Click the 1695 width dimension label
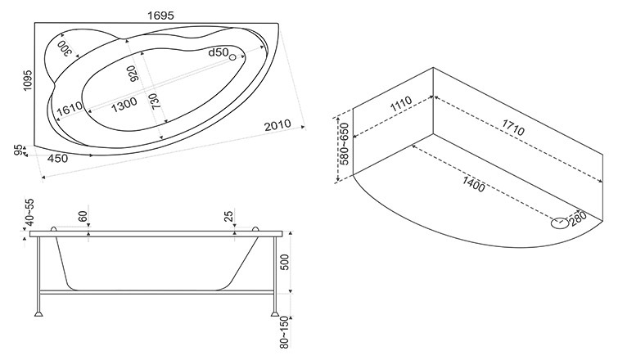point(160,16)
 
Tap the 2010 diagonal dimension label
point(277,125)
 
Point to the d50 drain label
point(219,52)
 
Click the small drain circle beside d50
point(232,57)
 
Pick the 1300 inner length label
point(124,105)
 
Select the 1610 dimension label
point(70,108)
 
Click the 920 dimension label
point(133,74)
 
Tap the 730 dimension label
point(155,101)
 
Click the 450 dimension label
point(57,159)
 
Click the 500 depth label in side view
point(285,263)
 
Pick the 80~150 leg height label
point(284,332)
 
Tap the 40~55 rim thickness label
point(29,213)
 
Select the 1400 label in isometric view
point(473,184)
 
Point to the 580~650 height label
point(344,144)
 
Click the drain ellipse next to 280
point(560,223)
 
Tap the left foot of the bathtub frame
point(38,314)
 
